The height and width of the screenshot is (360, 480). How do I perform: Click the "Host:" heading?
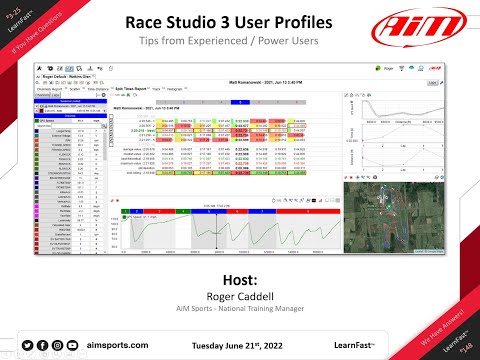click(240, 278)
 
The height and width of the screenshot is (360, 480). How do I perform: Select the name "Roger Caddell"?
click(240, 295)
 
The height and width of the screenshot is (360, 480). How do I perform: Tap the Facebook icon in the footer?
click(42, 344)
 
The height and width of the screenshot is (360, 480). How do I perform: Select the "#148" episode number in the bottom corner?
click(463, 345)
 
